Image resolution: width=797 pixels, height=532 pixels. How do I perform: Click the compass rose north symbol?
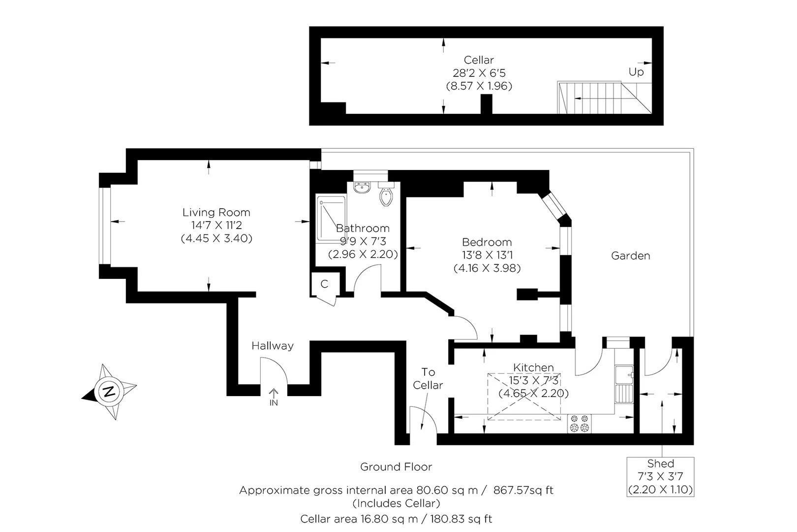(x=109, y=392)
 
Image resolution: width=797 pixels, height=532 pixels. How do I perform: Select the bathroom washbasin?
(x=363, y=188)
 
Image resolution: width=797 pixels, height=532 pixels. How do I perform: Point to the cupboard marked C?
(x=324, y=284)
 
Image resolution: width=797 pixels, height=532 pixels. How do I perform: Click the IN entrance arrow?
(x=274, y=396)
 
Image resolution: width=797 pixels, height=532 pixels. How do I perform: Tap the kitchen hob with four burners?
(x=579, y=424)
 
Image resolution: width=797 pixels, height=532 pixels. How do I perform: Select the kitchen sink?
(x=623, y=375)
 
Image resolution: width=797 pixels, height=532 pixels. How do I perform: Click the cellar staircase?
(x=590, y=97)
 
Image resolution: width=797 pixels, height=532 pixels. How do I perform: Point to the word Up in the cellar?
(x=636, y=72)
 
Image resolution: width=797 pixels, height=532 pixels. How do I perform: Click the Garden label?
(x=630, y=256)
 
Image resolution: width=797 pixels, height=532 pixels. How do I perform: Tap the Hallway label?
(x=272, y=346)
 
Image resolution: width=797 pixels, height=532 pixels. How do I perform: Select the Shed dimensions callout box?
(x=660, y=476)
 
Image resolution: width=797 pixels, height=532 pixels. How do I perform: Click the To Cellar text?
(x=428, y=378)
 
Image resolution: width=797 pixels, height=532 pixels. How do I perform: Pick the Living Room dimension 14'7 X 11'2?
(x=216, y=226)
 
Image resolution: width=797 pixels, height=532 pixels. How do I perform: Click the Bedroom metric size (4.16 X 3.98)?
(x=487, y=268)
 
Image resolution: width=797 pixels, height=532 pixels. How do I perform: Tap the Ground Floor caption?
(x=396, y=466)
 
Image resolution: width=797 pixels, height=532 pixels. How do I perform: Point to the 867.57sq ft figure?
(x=523, y=490)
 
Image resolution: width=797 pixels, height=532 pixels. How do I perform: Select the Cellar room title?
(x=479, y=60)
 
